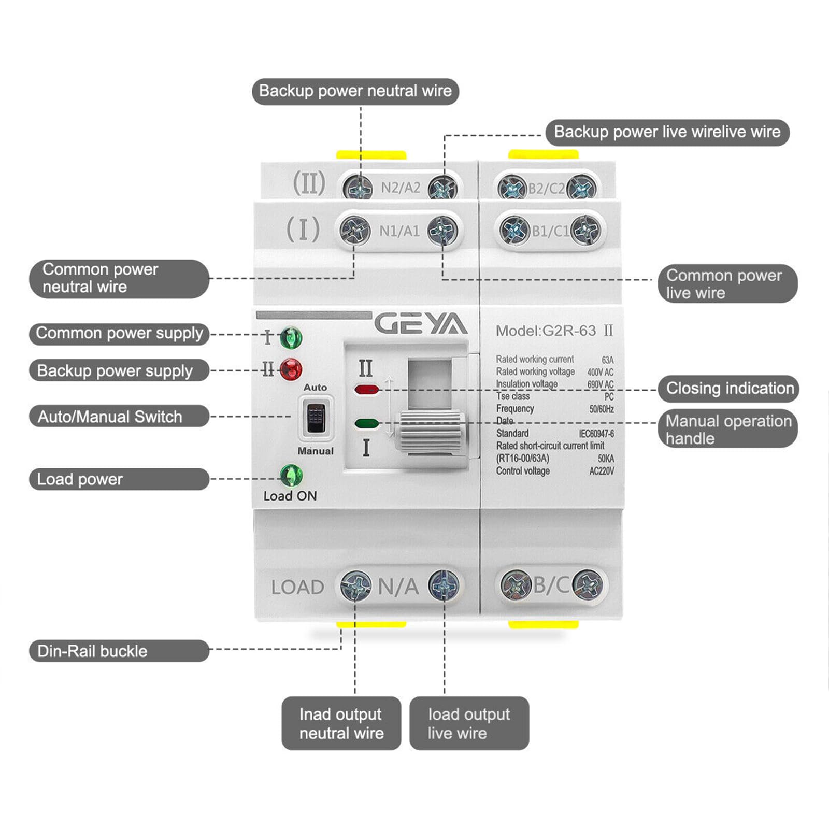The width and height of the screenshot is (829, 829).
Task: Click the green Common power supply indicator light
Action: pos(291,338)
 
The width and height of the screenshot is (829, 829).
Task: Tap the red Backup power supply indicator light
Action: pos(291,369)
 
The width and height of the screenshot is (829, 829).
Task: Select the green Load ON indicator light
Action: pos(291,475)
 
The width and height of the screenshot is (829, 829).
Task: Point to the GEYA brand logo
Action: pos(420,325)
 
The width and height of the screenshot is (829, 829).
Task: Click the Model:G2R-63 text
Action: pos(546,331)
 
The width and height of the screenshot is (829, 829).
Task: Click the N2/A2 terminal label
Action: pos(400,188)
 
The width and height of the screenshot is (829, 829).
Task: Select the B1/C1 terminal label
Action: pos(550,231)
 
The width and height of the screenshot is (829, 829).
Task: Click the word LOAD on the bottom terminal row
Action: pos(297,587)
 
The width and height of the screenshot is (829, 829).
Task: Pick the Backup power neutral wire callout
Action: pos(355,91)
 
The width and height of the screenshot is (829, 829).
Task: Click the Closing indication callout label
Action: pos(729,388)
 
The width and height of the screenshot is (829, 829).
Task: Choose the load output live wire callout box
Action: pos(469,723)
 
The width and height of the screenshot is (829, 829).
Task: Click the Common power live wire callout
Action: pos(727,283)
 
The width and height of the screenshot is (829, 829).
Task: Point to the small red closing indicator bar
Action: pos(366,389)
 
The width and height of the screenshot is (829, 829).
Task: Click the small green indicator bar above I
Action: pos(366,423)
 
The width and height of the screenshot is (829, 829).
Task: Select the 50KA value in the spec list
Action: pos(605,459)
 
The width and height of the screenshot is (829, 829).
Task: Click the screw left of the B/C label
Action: pos(516,585)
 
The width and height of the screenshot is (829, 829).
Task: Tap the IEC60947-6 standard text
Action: pos(596,434)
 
